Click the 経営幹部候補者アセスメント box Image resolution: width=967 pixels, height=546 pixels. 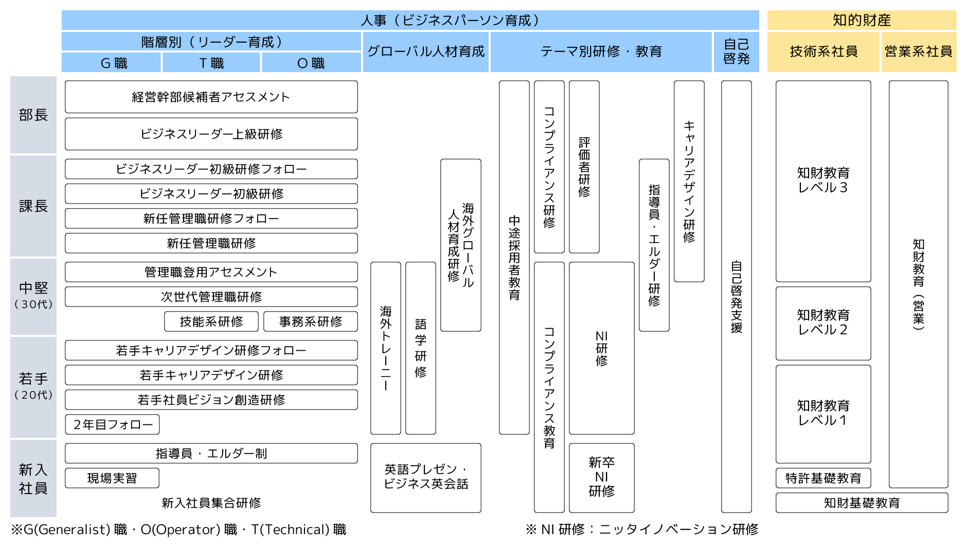point(211,97)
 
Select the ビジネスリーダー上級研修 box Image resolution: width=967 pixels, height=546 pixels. point(211,134)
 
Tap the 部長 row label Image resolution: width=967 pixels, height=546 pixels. point(33,115)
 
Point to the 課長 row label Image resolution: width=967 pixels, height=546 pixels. point(33,206)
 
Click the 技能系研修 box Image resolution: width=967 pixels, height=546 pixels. point(211,321)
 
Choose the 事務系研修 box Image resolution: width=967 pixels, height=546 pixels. point(310,321)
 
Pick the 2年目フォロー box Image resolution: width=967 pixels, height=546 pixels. point(112,424)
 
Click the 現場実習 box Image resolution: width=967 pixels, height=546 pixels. point(112,478)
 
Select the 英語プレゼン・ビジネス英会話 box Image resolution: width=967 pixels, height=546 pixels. point(426,477)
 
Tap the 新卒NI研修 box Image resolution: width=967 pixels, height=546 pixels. point(601,477)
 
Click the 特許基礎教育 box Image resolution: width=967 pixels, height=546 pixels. point(823,478)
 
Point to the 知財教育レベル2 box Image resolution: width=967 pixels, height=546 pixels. point(823,323)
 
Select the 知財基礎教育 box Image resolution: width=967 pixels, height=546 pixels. point(862,503)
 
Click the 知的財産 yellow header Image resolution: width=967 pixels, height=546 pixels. point(862,20)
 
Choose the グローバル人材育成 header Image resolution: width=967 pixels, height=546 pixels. point(426,52)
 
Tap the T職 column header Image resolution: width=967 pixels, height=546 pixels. point(211,63)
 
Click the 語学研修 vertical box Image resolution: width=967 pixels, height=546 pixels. point(421,348)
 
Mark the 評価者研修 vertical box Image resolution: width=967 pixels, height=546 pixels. point(584,167)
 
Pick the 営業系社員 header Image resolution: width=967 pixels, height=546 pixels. point(918,52)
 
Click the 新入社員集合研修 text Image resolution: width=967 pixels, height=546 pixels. point(211,503)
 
